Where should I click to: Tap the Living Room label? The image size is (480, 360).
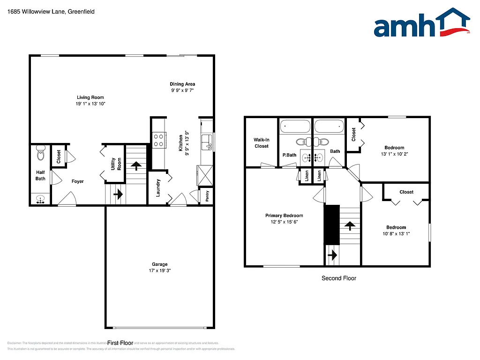90,97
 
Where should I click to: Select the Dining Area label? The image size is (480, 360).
182,84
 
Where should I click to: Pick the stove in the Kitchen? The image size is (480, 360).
158,140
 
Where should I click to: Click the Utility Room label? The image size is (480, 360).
116,164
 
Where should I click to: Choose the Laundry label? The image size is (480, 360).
158,187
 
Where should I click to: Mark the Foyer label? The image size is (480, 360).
78,181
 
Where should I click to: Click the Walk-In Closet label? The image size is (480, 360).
261,143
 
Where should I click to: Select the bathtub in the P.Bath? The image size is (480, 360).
295,127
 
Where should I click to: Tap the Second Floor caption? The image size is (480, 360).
338,278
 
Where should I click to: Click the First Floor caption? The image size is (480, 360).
120,343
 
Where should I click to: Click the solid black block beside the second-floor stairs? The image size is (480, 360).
332,225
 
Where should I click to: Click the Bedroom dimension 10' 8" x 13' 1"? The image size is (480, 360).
396,234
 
